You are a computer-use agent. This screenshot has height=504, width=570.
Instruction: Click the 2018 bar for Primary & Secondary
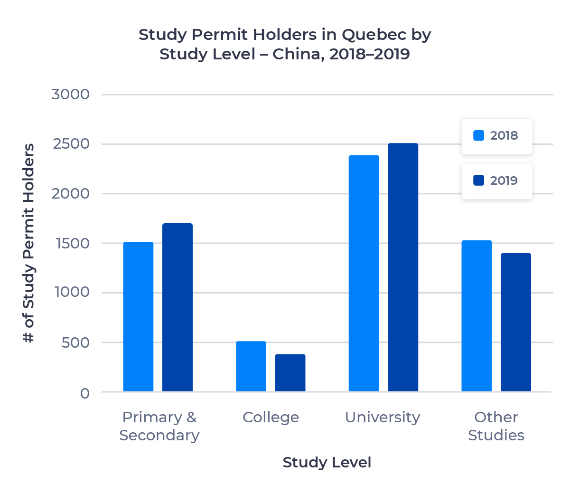138,317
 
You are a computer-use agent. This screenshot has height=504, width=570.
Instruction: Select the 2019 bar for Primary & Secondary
178,307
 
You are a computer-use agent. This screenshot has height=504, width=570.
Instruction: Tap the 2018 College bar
251,366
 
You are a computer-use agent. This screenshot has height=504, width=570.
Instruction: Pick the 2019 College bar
290,373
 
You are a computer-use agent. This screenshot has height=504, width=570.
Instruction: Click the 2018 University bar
364,273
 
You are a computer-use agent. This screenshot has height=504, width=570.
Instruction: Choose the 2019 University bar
403,267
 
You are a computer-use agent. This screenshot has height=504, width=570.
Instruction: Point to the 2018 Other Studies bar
477,316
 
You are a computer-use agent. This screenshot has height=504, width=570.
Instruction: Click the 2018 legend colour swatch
479,135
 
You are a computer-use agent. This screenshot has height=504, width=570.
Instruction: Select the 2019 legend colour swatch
479,181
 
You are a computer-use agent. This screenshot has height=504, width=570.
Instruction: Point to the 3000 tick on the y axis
70,94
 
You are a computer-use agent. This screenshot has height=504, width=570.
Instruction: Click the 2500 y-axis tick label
71,144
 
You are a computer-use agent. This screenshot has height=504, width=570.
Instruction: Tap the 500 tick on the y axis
75,342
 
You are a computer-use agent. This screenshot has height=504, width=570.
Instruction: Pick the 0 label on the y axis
85,393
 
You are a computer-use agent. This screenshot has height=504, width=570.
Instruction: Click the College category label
271,417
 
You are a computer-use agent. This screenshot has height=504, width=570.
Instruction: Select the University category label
383,417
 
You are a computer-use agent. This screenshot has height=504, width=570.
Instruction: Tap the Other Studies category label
496,426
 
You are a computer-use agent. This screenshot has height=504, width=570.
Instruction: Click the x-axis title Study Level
327,462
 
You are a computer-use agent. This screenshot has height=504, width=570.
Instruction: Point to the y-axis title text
29,243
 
